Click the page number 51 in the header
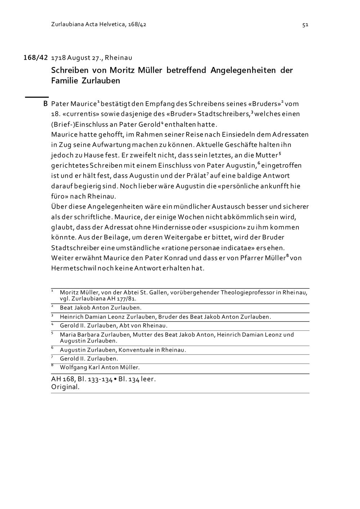click(305, 25)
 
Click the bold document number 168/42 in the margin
click(36, 58)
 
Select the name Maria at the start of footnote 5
click(68, 335)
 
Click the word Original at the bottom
click(65, 387)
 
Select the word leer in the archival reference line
click(148, 379)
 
